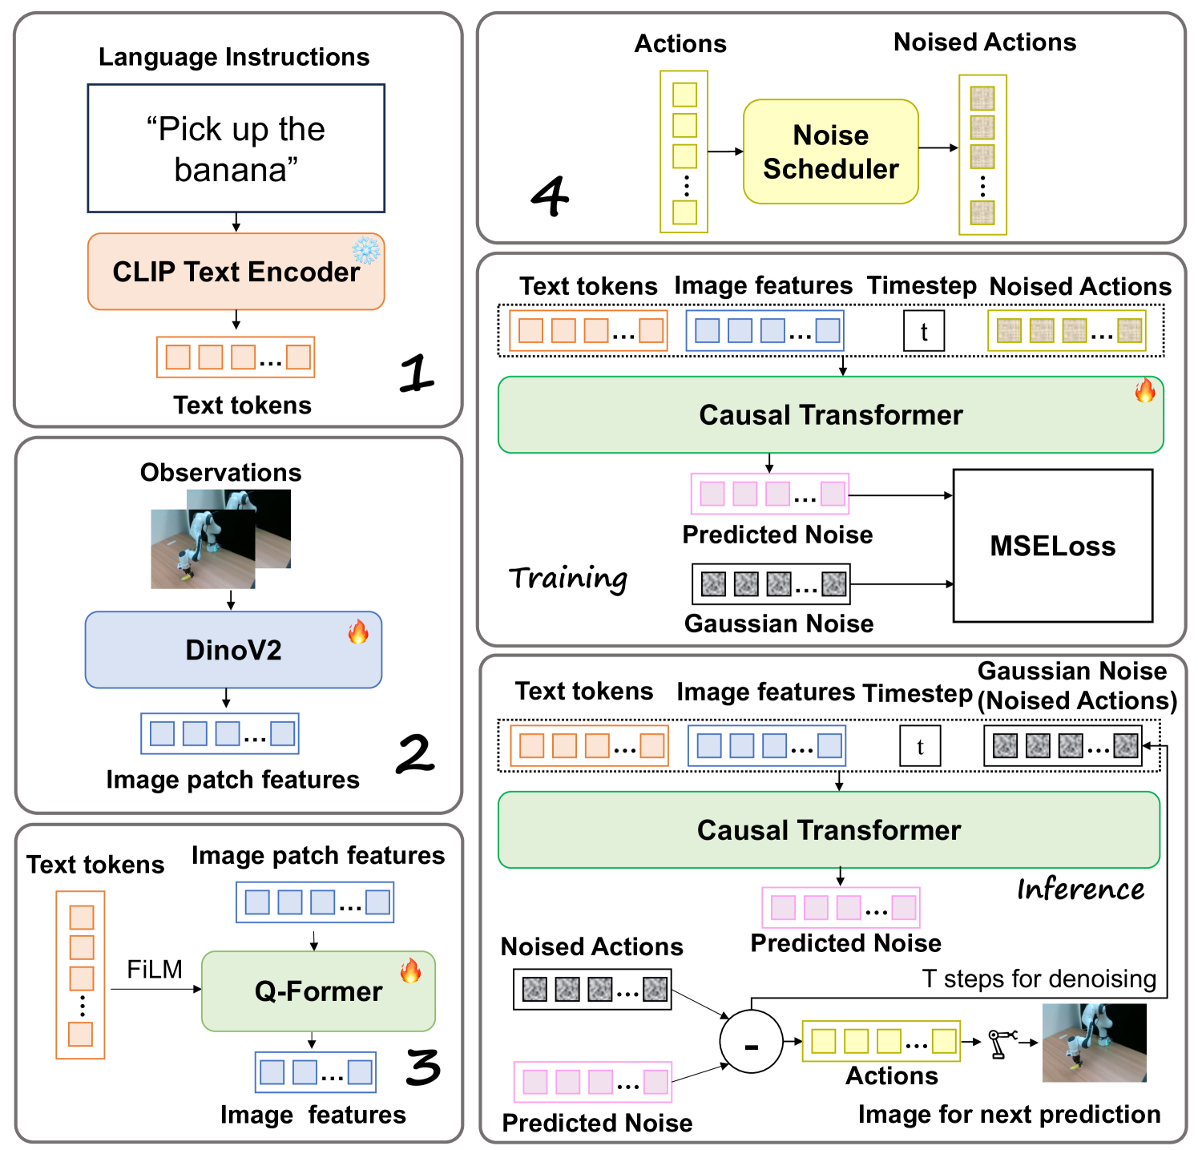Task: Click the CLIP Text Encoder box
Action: (x=236, y=272)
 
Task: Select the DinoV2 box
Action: (x=233, y=650)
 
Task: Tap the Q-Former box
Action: (x=318, y=991)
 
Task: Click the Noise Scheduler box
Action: (x=830, y=151)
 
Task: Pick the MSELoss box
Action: (x=1052, y=546)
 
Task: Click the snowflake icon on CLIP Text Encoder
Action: (x=366, y=251)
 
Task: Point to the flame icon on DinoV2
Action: (x=358, y=631)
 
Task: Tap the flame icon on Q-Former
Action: (x=410, y=970)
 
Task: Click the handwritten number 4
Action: (x=551, y=196)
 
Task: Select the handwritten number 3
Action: (x=422, y=1067)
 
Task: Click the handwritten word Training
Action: (x=568, y=578)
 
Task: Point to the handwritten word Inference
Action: (x=1080, y=889)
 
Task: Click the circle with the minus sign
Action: (x=751, y=1042)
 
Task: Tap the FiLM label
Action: (x=155, y=970)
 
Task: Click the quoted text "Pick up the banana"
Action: (x=236, y=149)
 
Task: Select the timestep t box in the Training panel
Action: (x=923, y=331)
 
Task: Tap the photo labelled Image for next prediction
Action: (x=1094, y=1043)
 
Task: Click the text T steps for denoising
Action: (x=1039, y=979)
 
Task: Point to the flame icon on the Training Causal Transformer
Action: (x=1144, y=390)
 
